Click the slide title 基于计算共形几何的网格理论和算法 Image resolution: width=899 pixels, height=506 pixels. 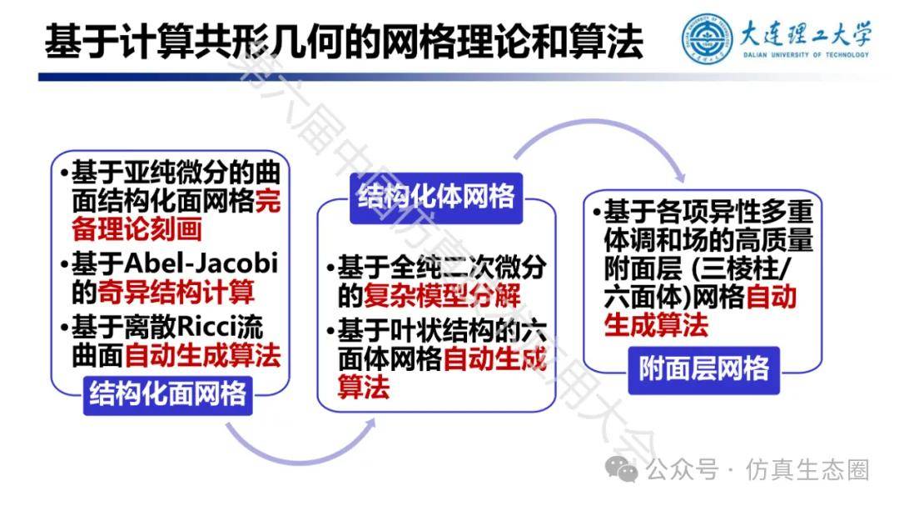[344, 42]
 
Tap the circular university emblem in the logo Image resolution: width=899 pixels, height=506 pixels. [707, 38]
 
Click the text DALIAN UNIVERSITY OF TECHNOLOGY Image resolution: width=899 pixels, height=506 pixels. [806, 55]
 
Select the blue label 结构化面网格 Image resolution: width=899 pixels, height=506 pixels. [167, 394]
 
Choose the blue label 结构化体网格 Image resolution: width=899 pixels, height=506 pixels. [436, 197]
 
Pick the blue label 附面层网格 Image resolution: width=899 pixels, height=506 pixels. [704, 369]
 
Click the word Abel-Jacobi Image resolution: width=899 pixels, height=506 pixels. [201, 263]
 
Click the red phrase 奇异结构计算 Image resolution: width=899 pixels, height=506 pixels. [176, 292]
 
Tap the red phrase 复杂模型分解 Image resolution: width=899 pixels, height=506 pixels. [442, 296]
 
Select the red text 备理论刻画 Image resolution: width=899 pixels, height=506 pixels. [137, 229]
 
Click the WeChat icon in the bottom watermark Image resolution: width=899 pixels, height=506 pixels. [622, 470]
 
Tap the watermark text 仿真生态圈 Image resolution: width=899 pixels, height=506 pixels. [807, 470]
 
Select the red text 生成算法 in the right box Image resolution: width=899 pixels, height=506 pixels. [656, 326]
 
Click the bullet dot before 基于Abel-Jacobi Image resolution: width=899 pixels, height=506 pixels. [64, 265]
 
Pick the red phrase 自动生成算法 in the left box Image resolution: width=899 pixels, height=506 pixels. [202, 355]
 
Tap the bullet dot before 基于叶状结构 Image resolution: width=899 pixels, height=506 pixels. [330, 332]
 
